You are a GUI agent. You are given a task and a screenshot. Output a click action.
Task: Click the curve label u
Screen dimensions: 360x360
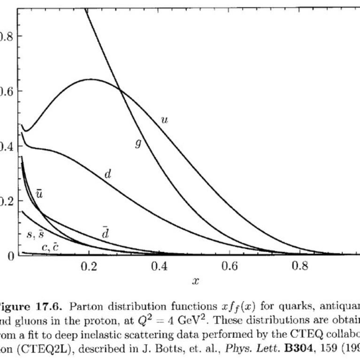164,120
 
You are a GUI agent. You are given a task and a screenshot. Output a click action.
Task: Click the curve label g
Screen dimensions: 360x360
138,144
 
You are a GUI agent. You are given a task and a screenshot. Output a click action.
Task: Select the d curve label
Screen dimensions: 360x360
107,175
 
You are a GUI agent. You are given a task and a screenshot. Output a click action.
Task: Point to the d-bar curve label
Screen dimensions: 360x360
106,232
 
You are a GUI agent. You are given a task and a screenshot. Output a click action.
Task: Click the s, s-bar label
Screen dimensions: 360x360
35,234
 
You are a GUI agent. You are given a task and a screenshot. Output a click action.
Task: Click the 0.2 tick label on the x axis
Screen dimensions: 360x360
89,267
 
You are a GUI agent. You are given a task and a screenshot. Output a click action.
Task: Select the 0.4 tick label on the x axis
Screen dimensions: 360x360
160,267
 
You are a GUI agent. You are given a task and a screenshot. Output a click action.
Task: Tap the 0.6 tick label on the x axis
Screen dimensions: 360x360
230,267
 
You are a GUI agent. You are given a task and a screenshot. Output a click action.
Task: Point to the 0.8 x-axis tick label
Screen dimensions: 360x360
300,267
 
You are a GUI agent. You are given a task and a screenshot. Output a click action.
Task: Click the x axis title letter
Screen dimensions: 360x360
195,281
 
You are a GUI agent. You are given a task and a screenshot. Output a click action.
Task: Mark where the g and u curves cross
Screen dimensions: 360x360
119,89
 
